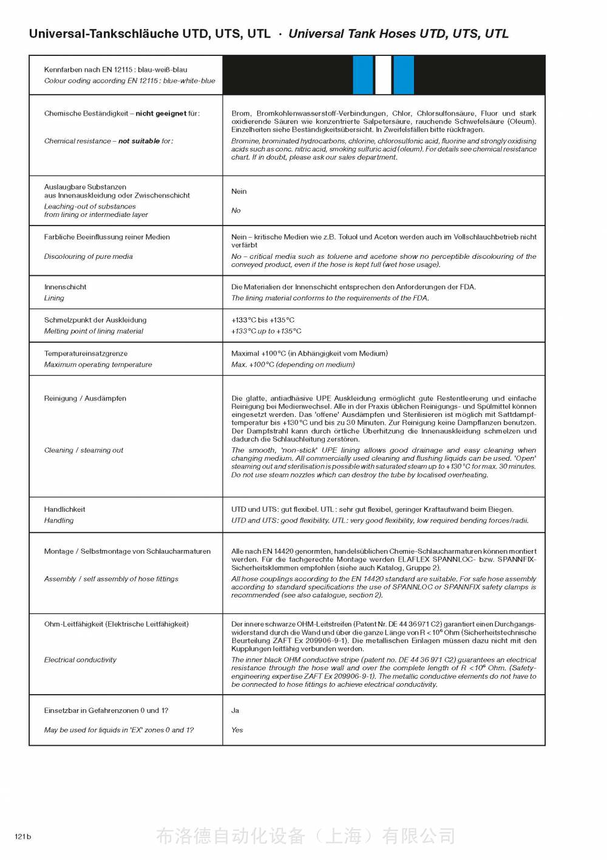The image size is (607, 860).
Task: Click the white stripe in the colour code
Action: [383, 75]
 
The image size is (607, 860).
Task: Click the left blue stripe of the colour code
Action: [363, 75]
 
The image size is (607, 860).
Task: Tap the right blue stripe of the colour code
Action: [404, 75]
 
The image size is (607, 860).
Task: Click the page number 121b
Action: [22, 836]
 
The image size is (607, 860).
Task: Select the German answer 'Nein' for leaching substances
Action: [239, 191]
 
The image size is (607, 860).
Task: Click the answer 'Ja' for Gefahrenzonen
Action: [235, 710]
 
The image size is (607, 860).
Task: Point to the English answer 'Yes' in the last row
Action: [237, 730]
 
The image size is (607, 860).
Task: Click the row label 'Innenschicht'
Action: [65, 287]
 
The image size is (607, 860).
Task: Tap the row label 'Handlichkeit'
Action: [64, 509]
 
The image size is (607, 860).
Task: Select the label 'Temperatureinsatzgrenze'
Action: [86, 353]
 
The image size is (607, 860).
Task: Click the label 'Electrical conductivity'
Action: [80, 659]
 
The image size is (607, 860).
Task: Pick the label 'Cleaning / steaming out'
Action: [83, 450]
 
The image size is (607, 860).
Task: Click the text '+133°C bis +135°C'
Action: [262, 320]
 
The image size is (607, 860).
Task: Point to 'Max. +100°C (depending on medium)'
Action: [293, 365]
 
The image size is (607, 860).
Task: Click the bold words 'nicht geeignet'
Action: [161, 114]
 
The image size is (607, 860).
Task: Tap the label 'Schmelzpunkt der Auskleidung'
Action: [95, 320]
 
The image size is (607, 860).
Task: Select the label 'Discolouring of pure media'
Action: [88, 256]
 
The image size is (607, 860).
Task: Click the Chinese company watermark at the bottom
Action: [305, 836]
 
